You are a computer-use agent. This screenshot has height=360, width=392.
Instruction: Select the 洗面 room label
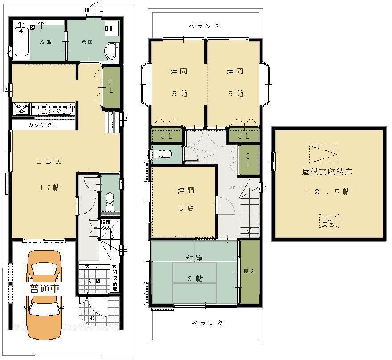[x=87, y=42]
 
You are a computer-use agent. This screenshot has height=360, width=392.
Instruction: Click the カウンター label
[x=43, y=125]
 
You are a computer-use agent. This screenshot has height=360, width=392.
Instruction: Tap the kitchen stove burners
[x=21, y=109]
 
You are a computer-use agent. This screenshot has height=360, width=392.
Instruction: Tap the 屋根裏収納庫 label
[x=327, y=171]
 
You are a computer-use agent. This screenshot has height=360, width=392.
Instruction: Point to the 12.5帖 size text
[x=327, y=192]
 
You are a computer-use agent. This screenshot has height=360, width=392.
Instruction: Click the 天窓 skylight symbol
[x=328, y=222]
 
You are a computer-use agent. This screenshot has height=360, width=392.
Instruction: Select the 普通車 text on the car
[x=44, y=288]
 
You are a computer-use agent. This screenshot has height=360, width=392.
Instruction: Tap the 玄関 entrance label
[x=94, y=281]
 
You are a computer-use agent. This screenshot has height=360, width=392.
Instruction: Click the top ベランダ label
[x=204, y=26]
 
